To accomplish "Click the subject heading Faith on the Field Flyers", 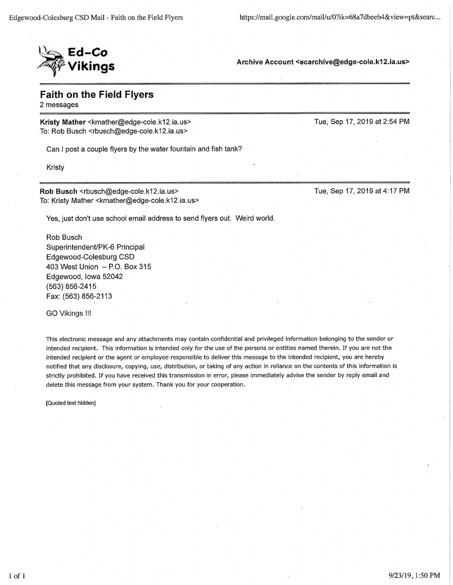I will [x=97, y=95].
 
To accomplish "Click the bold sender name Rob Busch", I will [x=58, y=191].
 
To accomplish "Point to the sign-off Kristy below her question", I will [x=55, y=167].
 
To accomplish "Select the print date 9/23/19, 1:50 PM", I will [x=413, y=574].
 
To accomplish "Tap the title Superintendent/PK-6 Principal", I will [x=95, y=247].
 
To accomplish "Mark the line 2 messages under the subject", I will [x=59, y=105].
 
